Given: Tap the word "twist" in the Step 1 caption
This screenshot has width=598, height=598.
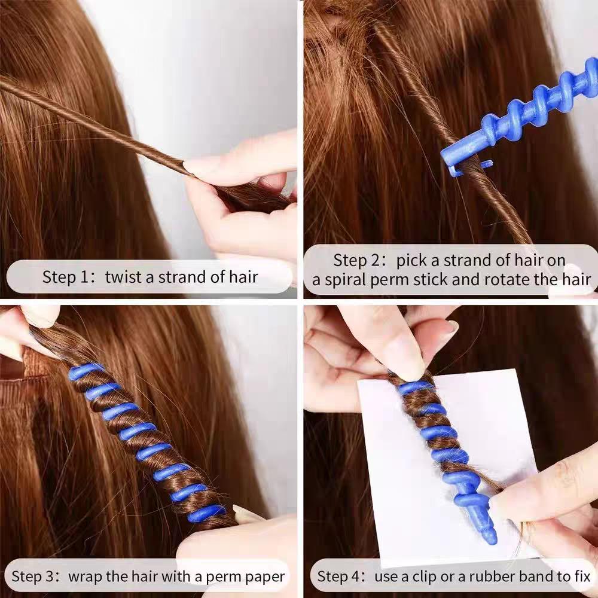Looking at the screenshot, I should tap(123, 277).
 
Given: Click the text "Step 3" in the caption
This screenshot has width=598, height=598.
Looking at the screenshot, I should tap(35, 577).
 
